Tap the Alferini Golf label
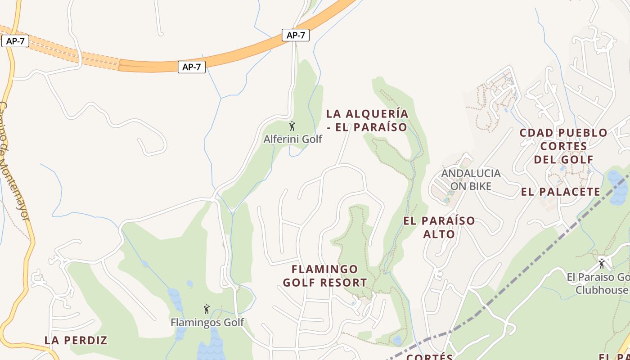click(293, 139)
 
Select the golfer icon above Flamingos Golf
click(207, 309)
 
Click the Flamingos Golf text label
click(207, 322)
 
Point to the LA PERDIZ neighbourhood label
click(76, 340)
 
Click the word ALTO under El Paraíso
click(439, 234)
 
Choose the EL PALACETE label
click(561, 192)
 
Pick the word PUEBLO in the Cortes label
click(583, 133)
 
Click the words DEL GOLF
click(564, 159)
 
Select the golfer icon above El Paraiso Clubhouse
click(602, 263)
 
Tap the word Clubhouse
click(602, 289)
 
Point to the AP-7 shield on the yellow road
click(15, 41)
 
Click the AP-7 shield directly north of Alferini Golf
click(296, 35)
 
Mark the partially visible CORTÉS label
click(429, 357)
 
